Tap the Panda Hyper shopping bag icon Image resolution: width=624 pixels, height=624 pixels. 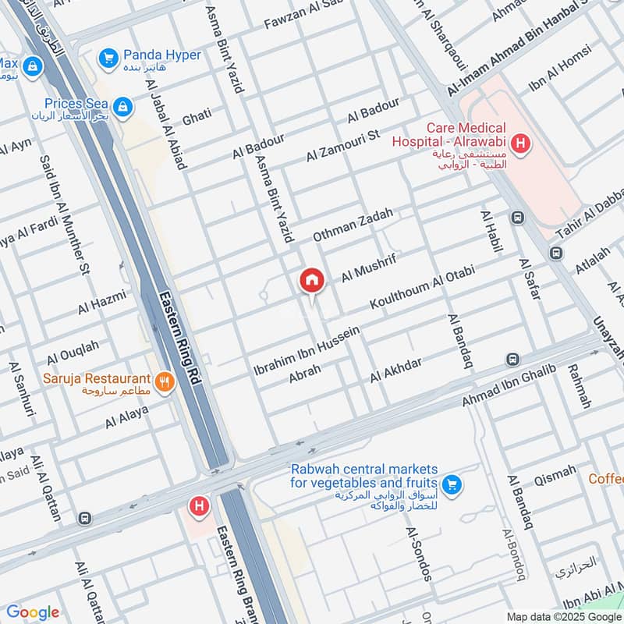(x=108, y=57)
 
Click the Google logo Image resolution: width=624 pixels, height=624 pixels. (x=32, y=612)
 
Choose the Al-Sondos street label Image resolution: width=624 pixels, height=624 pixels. (x=418, y=554)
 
